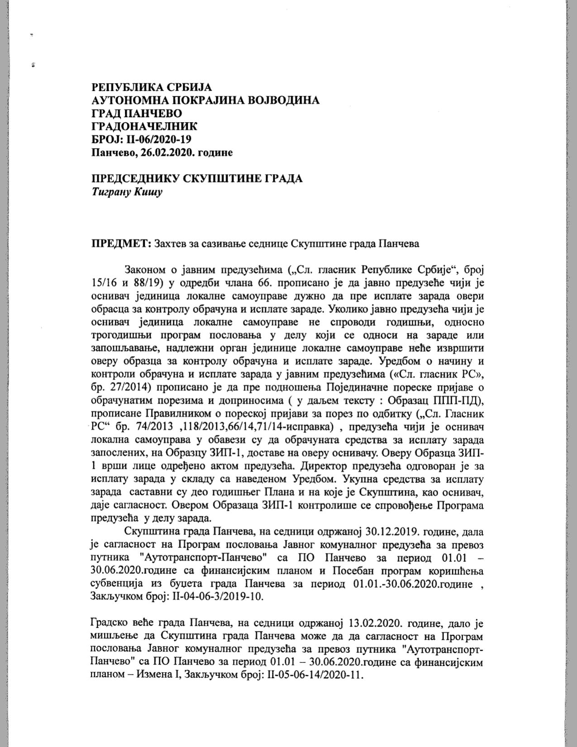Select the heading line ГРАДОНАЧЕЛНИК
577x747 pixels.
pyautogui.click(x=144, y=126)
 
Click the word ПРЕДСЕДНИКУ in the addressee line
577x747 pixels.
pyautogui.click(x=135, y=179)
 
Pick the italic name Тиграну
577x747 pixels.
pyautogui.click(x=111, y=192)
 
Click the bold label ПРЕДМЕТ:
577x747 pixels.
pyautogui.click(x=121, y=243)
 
